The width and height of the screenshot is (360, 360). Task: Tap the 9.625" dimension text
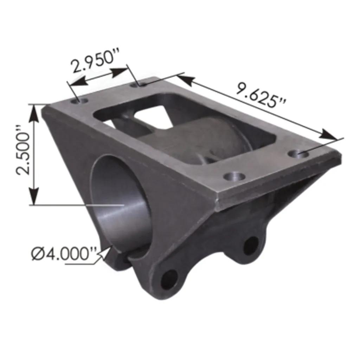(262, 95)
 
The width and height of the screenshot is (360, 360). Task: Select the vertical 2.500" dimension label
(23, 150)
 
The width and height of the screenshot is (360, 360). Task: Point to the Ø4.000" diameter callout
(63, 254)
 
